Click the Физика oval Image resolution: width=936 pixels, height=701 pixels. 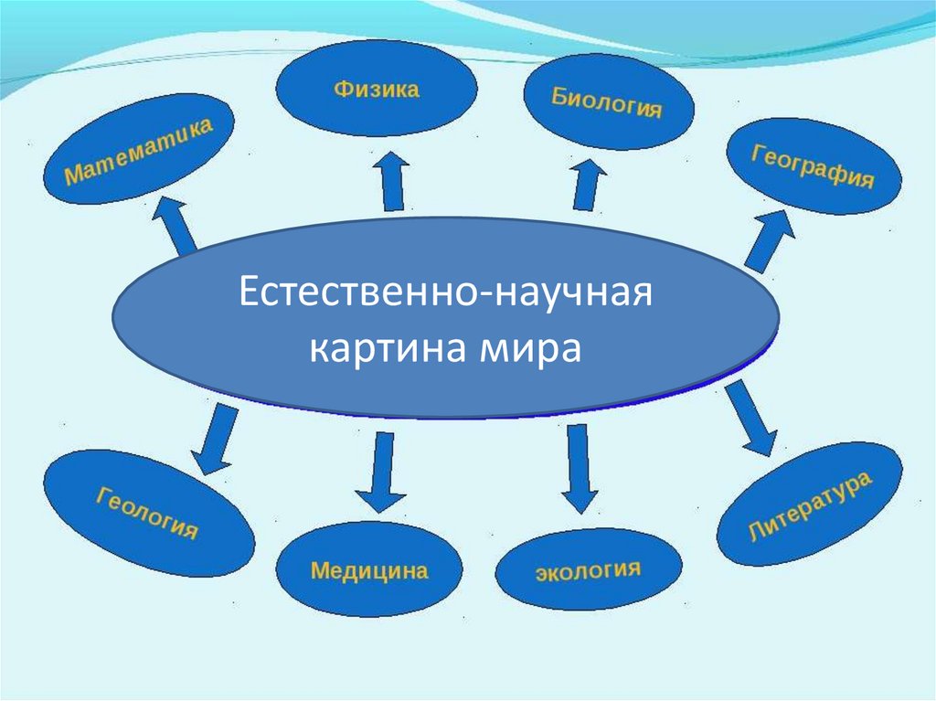pyautogui.click(x=376, y=89)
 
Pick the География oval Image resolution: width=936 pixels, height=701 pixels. pyautogui.click(x=813, y=166)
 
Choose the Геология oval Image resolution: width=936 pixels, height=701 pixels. pyautogui.click(x=148, y=514)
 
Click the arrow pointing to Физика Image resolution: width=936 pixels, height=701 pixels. pyautogui.click(x=393, y=182)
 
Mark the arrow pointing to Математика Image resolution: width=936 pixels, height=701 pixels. pyautogui.click(x=174, y=223)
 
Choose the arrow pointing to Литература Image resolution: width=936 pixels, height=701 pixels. pyautogui.click(x=751, y=418)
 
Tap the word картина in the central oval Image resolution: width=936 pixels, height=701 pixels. pyautogui.click(x=385, y=349)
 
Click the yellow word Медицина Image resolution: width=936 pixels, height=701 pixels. pyautogui.click(x=369, y=571)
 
